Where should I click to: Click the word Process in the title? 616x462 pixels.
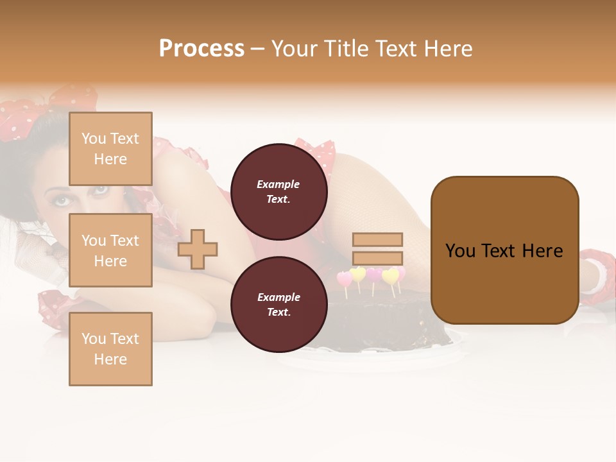201,49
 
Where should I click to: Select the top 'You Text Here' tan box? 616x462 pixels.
110,149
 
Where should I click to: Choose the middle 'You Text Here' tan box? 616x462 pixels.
110,250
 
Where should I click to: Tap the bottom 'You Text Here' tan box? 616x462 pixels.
110,349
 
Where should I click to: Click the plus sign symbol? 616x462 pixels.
198,249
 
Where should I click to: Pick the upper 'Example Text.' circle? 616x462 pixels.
278,192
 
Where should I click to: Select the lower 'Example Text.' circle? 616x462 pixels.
278,305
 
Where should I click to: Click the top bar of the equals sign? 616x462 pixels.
377,239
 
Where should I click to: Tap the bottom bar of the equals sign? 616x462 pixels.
377,259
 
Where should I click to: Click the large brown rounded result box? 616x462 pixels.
504,250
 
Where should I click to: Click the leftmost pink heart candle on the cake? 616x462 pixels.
345,279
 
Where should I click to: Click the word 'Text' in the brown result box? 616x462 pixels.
504,251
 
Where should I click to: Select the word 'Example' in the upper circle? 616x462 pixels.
278,184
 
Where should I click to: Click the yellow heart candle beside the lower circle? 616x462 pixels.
358,275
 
